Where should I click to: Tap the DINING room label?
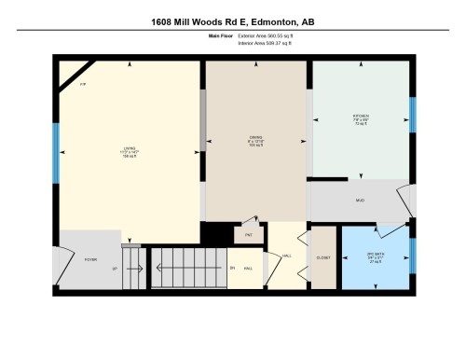click(255, 138)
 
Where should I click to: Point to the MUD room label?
click(360, 201)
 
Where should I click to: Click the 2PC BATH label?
click(376, 254)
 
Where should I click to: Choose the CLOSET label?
click(323, 256)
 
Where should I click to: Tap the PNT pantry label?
click(249, 235)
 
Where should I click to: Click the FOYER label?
click(91, 259)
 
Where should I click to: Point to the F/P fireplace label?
click(83, 86)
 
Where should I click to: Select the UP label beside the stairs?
click(114, 269)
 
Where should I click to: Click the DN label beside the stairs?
click(231, 269)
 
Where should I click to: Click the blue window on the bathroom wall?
click(411, 254)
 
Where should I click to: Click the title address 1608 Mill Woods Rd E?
click(232, 20)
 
